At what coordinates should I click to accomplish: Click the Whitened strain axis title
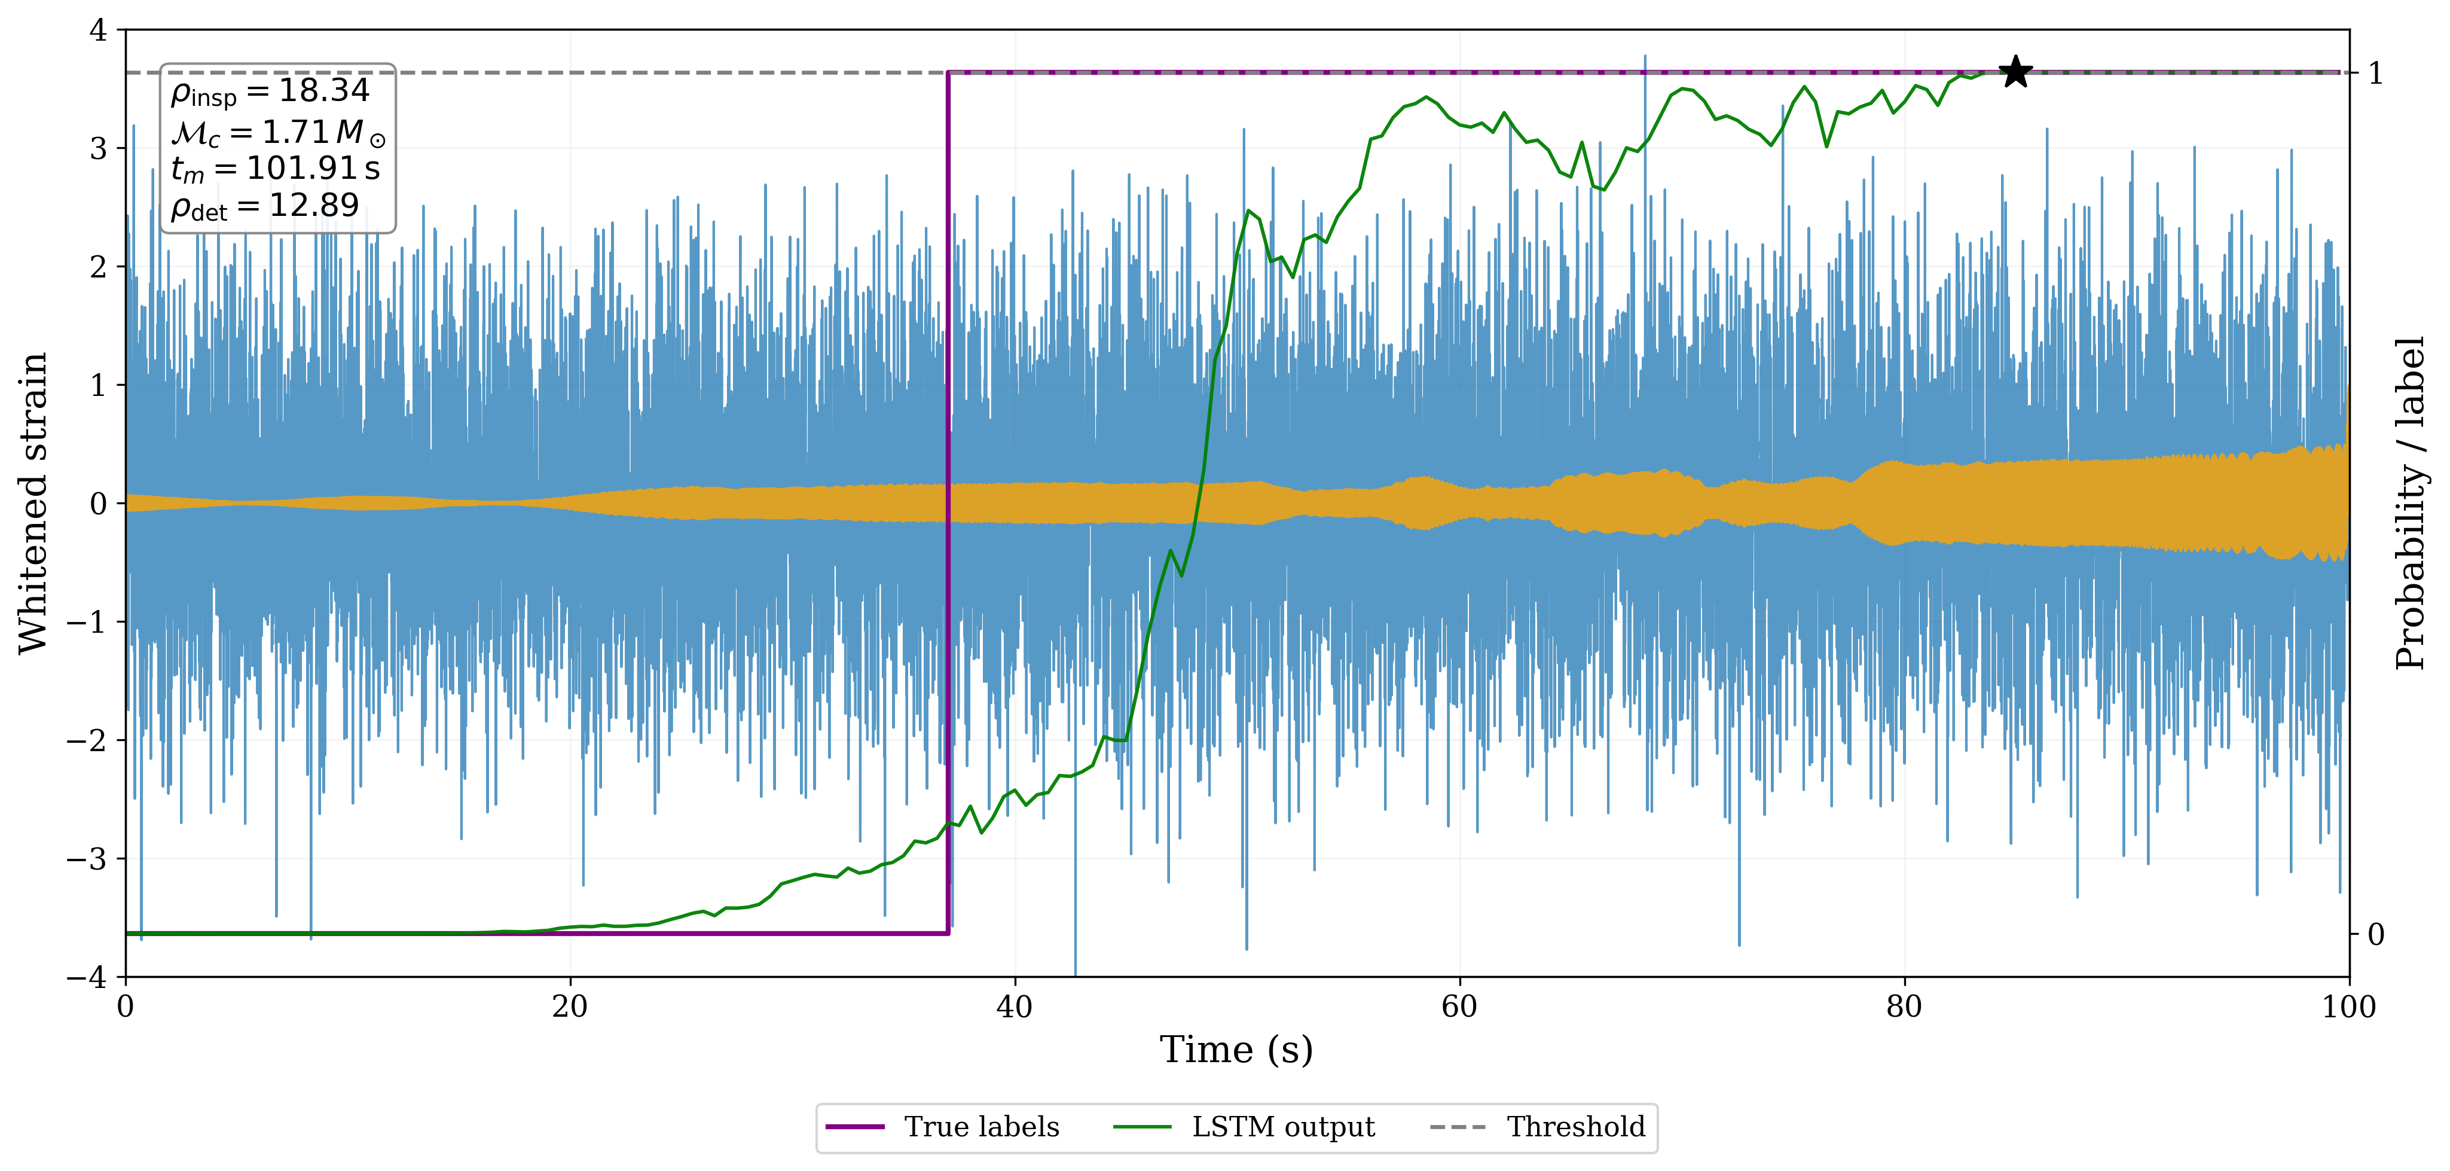[33, 502]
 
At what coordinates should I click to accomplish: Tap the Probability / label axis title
[2411, 502]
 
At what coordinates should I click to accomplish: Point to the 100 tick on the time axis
[2348, 1007]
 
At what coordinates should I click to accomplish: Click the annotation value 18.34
[323, 90]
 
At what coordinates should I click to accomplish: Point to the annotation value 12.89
[314, 206]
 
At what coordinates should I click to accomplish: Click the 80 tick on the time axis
[1904, 1007]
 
